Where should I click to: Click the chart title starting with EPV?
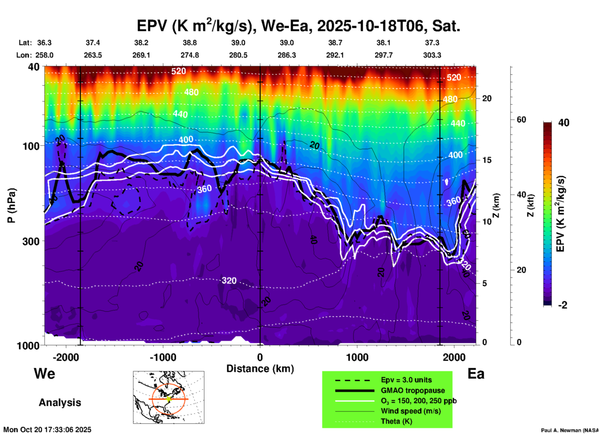[x=298, y=26]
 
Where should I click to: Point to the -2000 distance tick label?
[x=66, y=357]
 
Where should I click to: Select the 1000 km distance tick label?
[x=357, y=357]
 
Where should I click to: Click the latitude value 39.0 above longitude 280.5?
[x=238, y=43]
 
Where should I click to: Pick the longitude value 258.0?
[x=44, y=55]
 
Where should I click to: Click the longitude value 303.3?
[x=432, y=55]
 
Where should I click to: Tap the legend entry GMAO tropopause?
[x=413, y=390]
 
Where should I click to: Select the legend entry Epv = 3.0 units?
[x=406, y=380]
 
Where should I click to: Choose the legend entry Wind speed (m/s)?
[x=411, y=411]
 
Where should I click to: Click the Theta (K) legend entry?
[x=396, y=421]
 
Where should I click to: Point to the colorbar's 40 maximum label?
[x=564, y=123]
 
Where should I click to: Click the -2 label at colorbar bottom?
[x=563, y=305]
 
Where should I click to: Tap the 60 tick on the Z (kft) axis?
[x=521, y=120]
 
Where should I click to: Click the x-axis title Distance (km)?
[x=260, y=369]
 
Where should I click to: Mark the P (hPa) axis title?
[x=12, y=205]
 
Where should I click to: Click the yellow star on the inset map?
[x=169, y=399]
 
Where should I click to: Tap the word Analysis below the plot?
[x=60, y=402]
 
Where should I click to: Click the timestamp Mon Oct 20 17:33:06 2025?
[x=47, y=430]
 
